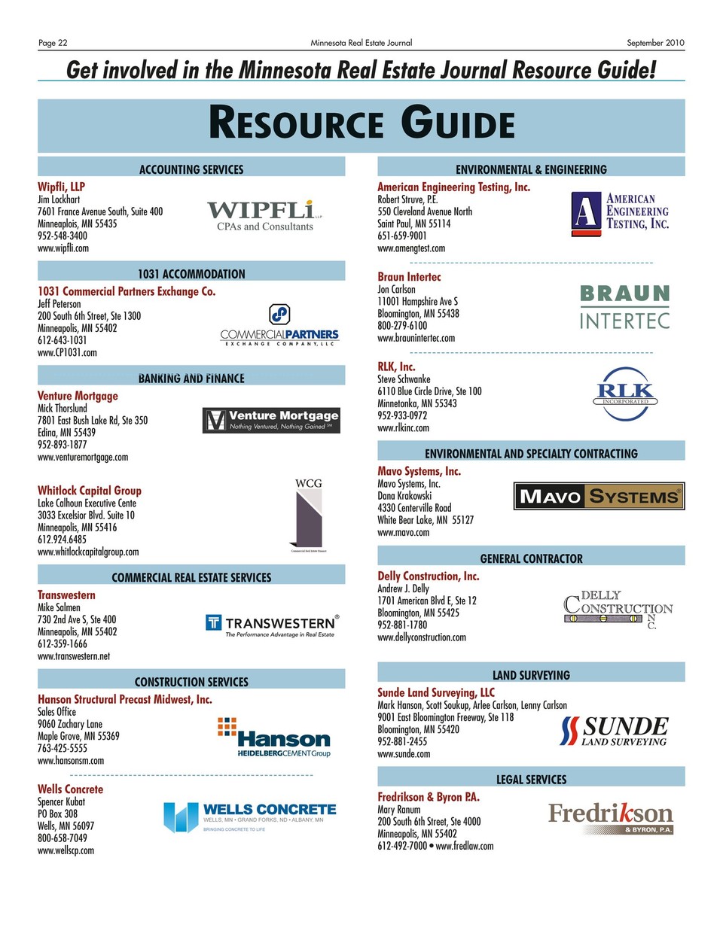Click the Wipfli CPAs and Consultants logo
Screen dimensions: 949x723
[264, 214]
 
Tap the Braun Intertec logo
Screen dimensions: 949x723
[624, 307]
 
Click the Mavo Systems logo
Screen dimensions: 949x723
[599, 496]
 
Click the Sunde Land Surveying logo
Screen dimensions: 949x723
[615, 730]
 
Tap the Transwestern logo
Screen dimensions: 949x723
[272, 625]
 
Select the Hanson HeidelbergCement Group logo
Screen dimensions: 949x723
[275, 738]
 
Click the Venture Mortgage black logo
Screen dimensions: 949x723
[271, 420]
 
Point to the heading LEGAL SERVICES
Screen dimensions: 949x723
[531, 780]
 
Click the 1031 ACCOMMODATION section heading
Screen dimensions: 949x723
[191, 274]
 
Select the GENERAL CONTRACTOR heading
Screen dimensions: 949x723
[531, 558]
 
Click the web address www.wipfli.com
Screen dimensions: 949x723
[63, 248]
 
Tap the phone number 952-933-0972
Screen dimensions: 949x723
[402, 415]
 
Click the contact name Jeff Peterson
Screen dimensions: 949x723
[59, 304]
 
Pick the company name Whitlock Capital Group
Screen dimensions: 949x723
[90, 490]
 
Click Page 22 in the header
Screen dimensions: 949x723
[53, 43]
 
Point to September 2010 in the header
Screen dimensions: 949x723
[655, 43]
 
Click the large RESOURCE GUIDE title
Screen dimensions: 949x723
[361, 123]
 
